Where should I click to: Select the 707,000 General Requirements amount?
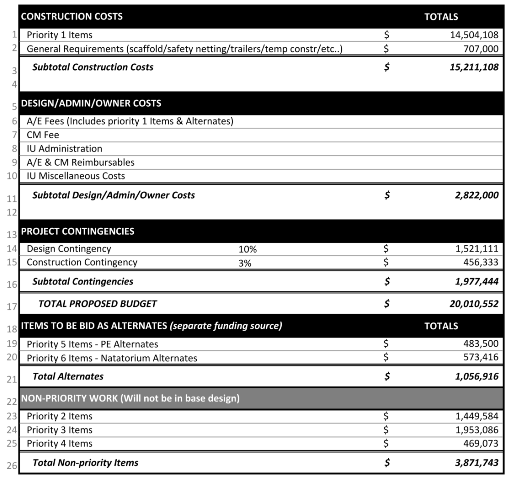tap(482, 49)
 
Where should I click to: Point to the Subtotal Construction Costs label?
tap(93, 67)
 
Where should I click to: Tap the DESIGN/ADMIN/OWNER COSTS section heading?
tap(91, 103)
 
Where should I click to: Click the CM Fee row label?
tap(43, 135)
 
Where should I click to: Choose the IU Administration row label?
tap(64, 149)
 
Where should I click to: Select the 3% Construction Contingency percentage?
tap(245, 263)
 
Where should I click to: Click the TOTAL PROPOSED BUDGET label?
tap(97, 303)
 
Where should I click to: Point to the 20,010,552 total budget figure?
tap(474, 304)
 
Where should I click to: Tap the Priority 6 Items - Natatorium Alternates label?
tap(112, 358)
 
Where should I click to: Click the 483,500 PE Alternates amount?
tap(482, 344)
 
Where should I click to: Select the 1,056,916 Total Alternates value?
tap(476, 377)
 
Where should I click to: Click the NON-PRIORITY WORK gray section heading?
tap(130, 398)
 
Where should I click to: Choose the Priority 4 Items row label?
tap(59, 443)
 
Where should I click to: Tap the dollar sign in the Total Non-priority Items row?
tap(387, 463)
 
